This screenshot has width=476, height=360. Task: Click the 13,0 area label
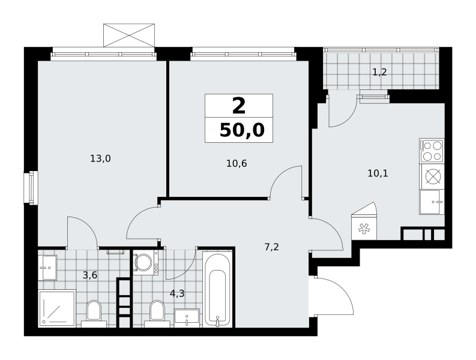tap(100, 158)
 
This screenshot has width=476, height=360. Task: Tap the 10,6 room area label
tap(236, 164)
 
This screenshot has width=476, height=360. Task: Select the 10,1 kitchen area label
tap(378, 173)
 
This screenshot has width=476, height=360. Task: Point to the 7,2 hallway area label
tap(271, 247)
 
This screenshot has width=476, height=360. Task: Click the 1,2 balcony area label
tap(379, 72)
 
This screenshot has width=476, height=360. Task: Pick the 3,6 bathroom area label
tap(90, 275)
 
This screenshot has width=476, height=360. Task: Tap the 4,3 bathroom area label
tap(177, 293)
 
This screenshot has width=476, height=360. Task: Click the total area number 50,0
tap(242, 131)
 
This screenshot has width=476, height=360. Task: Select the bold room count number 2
tap(239, 106)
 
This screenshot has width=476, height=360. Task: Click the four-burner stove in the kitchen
tap(432, 151)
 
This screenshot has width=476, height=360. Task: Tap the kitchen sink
tap(432, 202)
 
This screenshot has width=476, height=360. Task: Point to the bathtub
tap(217, 289)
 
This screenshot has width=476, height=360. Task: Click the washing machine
tap(146, 262)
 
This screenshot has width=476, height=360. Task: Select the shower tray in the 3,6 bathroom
tap(57, 308)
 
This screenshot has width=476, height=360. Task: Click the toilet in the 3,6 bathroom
tap(94, 314)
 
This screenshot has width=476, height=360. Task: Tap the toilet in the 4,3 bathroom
tap(157, 314)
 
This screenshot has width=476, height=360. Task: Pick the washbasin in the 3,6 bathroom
tap(47, 268)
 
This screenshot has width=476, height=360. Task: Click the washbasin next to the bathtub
tap(187, 318)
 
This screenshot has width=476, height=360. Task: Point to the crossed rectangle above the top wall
tap(129, 35)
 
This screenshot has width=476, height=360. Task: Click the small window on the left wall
tap(31, 188)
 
